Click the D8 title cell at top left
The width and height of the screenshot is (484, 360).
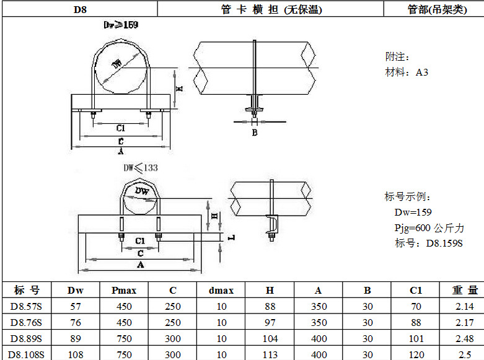pos(79,10)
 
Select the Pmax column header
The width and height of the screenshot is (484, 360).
pos(124,290)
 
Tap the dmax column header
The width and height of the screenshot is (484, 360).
pos(221,290)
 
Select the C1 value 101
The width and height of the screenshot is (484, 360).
pos(416,338)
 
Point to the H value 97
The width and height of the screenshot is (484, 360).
pos(270,322)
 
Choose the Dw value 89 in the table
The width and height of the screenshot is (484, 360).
pos(76,338)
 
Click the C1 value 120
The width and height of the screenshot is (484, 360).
pos(416,354)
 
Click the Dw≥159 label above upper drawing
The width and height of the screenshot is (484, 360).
pos(120,25)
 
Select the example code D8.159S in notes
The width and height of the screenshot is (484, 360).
pos(444,243)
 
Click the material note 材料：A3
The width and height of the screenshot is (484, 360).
pos(407,72)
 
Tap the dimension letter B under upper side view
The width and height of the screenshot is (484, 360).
pos(255,133)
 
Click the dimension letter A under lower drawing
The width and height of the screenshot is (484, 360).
pos(141,265)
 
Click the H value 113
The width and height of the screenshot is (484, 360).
pos(270,354)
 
